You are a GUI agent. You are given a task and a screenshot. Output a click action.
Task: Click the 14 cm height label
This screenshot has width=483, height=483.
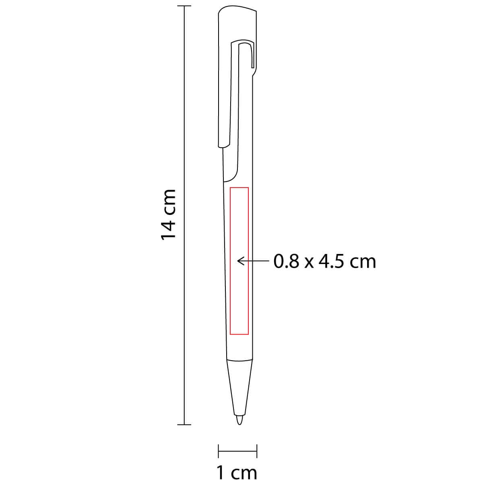pos(168,215)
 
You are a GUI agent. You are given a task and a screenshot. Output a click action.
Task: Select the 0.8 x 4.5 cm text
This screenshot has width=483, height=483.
pos(324,262)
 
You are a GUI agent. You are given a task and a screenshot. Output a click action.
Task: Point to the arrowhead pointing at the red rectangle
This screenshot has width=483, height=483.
pos(240,262)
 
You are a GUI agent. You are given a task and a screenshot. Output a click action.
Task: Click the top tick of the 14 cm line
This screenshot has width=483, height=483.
pos(184,6)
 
